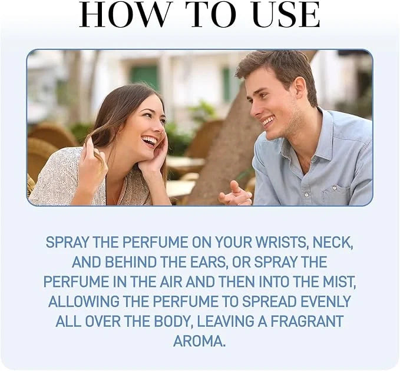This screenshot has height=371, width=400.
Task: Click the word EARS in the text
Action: coord(204,262)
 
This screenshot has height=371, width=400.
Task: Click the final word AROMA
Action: coord(199,341)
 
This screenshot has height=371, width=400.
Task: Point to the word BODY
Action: coord(171,321)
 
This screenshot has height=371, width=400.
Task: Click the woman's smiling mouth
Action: coord(150,141)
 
